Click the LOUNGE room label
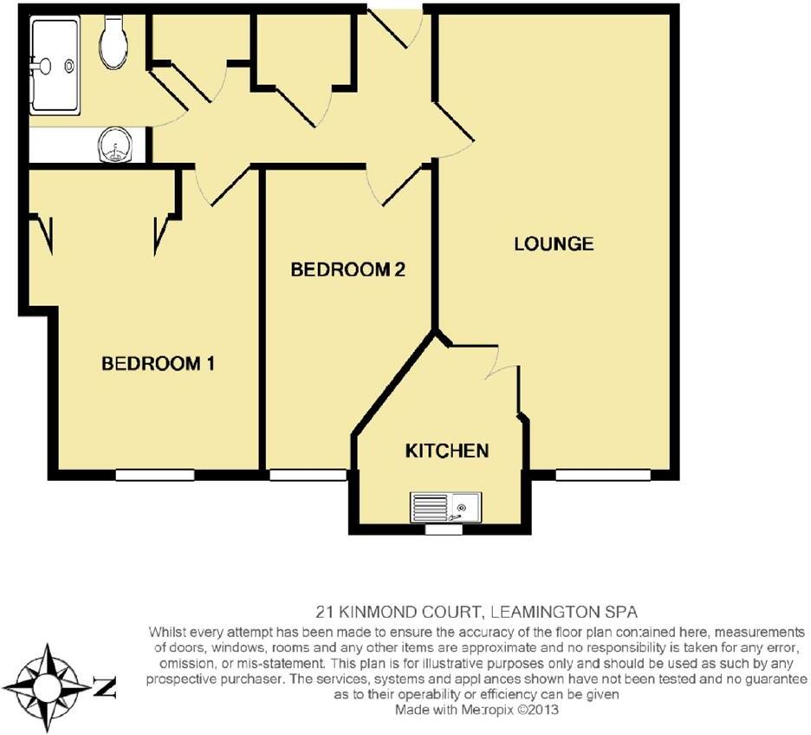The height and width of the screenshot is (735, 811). [554, 244]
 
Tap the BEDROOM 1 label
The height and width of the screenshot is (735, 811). [158, 364]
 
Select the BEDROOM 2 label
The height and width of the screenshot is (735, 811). [347, 270]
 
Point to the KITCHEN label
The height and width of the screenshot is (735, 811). [447, 451]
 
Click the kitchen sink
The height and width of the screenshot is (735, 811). [445, 507]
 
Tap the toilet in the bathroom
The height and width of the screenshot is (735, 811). [114, 42]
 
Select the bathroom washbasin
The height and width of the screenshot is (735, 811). [115, 146]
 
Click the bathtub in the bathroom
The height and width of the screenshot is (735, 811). [55, 65]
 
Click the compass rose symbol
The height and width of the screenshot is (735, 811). [47, 687]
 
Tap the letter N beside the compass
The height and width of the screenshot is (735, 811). [105, 687]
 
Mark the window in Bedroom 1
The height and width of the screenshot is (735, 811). [154, 475]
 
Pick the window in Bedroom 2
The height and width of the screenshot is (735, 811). [308, 475]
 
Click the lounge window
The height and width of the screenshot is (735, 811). [603, 475]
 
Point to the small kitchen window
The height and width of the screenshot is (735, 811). [444, 530]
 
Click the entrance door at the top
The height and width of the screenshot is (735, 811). [395, 27]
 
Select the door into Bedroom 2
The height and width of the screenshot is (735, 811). [399, 184]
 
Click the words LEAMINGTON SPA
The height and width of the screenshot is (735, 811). [564, 613]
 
